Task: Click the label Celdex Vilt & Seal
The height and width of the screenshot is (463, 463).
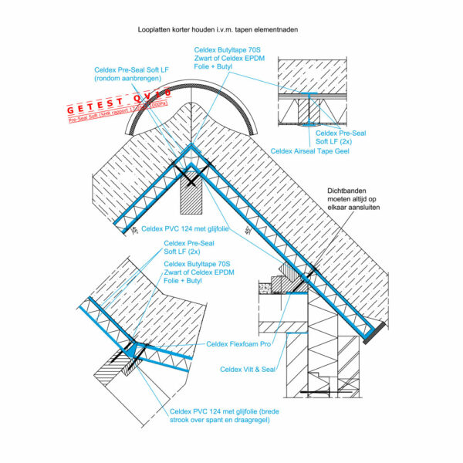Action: point(248,370)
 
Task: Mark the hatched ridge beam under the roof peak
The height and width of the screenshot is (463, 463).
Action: point(190,197)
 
